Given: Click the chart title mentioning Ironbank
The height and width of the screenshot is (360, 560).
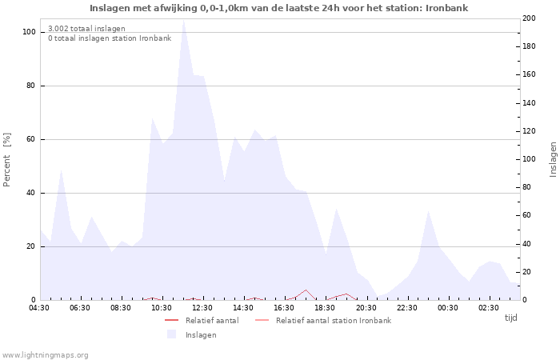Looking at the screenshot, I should [x=279, y=8].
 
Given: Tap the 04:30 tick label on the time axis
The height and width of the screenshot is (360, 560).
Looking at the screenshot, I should [x=39, y=308].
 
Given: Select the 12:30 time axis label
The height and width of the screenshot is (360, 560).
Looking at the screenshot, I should [x=202, y=308].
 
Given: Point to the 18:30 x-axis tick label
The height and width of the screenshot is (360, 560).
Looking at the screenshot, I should [x=325, y=308].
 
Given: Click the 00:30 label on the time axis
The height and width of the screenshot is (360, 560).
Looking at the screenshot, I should [x=447, y=308].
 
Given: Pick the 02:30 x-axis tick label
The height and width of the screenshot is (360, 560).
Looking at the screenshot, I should [x=488, y=308].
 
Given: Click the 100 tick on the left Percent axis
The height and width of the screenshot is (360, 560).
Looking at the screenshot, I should [x=29, y=32].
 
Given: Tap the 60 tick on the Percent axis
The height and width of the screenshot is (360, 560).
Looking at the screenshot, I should [x=31, y=139].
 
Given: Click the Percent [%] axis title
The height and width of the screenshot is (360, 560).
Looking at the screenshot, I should [x=7, y=160].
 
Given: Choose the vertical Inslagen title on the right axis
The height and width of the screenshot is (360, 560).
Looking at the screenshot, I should [x=553, y=160].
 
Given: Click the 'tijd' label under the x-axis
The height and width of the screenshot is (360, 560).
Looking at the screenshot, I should [x=510, y=318].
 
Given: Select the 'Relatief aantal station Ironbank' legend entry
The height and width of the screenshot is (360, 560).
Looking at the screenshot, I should [x=333, y=321].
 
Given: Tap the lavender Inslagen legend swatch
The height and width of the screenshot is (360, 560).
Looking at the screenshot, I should [x=171, y=334].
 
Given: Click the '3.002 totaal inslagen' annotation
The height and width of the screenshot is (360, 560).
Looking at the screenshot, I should [x=86, y=28].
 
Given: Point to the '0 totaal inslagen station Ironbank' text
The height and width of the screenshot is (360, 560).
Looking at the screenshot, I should [x=110, y=38].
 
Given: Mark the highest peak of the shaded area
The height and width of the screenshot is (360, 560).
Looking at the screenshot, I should [x=183, y=20].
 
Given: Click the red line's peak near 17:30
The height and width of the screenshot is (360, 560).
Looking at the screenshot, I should [x=305, y=290].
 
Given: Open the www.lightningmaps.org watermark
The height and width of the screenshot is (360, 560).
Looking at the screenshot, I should [x=46, y=355].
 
